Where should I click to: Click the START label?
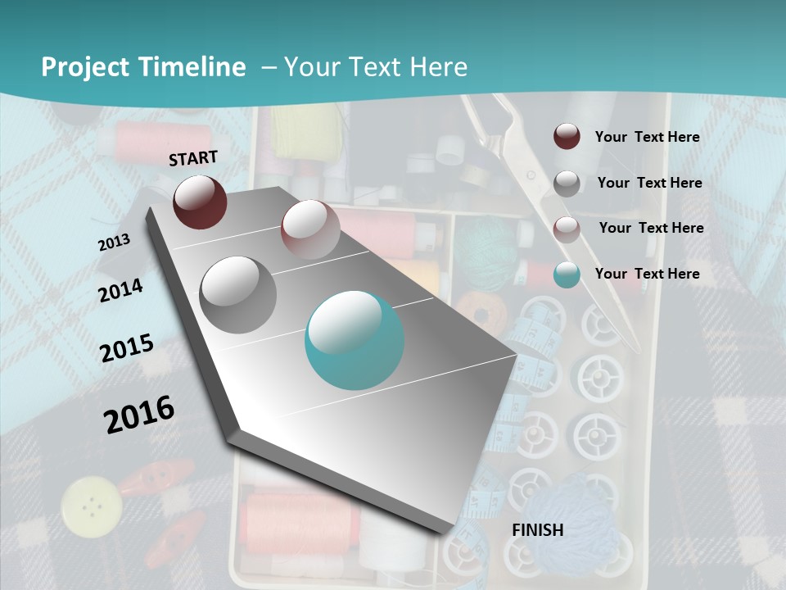(193, 158)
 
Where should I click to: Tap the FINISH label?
(537, 530)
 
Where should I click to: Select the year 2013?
(114, 243)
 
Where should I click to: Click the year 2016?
(139, 414)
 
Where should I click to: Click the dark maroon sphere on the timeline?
(200, 202)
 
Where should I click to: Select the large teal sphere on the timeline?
(355, 340)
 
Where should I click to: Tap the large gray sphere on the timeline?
(238, 294)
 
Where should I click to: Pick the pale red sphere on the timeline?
(310, 229)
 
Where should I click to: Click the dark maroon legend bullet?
(567, 137)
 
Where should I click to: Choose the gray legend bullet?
(567, 183)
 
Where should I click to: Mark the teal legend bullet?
(567, 275)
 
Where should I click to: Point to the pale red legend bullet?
(567, 228)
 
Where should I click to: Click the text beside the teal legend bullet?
(647, 274)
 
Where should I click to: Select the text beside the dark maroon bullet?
(647, 137)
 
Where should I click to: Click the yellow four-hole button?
(92, 503)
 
